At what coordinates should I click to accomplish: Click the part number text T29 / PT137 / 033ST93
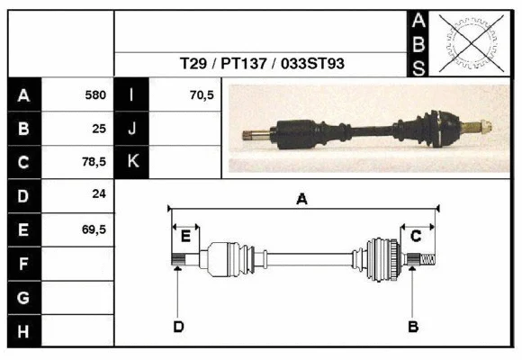click(261, 64)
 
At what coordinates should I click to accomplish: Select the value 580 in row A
click(95, 94)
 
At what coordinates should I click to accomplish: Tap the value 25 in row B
click(99, 128)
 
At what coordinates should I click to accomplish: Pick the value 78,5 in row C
click(94, 162)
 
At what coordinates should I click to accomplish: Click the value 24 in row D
click(99, 194)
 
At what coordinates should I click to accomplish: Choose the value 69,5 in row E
click(94, 229)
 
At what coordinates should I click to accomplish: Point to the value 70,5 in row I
click(202, 94)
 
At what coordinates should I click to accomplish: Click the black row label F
click(23, 264)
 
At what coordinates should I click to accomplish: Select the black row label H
click(23, 331)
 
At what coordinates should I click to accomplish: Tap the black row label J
click(131, 128)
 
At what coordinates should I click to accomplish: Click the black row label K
click(131, 162)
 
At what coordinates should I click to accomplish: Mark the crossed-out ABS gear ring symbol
click(467, 42)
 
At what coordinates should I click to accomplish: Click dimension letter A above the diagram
click(301, 200)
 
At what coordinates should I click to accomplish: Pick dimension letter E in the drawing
click(185, 237)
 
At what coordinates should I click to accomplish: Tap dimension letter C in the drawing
click(416, 236)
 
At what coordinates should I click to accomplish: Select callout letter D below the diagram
click(178, 326)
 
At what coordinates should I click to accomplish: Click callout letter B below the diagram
click(413, 326)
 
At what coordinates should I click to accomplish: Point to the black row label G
click(23, 298)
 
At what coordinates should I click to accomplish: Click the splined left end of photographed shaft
click(256, 135)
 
